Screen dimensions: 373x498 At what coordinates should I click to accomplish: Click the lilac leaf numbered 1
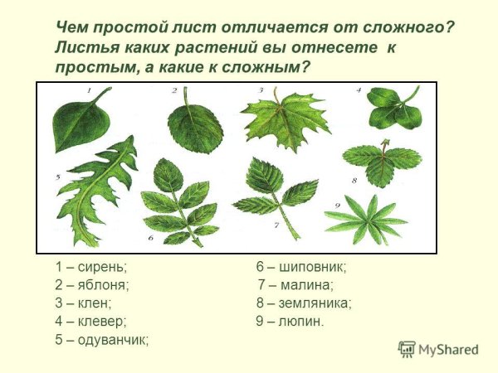click(81, 120)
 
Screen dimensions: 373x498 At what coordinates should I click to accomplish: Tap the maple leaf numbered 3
click(274, 120)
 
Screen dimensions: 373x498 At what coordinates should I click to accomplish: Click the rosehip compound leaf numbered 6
click(178, 203)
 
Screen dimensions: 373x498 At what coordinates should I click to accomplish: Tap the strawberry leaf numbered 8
click(381, 162)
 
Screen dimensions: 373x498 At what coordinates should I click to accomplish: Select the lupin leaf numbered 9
click(365, 218)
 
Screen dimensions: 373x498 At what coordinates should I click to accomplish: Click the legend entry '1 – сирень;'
click(91, 267)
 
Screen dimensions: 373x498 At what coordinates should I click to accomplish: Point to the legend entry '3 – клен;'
click(84, 303)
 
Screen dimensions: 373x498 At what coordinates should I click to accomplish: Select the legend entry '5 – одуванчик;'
click(102, 339)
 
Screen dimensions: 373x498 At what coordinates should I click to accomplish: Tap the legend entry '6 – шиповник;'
click(301, 267)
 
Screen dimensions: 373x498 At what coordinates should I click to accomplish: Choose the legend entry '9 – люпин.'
click(290, 321)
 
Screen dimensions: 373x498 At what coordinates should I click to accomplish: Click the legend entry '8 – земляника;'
click(304, 303)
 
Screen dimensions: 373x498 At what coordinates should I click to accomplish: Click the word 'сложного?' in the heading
click(402, 27)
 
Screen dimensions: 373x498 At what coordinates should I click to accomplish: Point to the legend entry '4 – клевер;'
click(90, 321)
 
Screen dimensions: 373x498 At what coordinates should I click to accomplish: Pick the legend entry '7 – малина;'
click(295, 285)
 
